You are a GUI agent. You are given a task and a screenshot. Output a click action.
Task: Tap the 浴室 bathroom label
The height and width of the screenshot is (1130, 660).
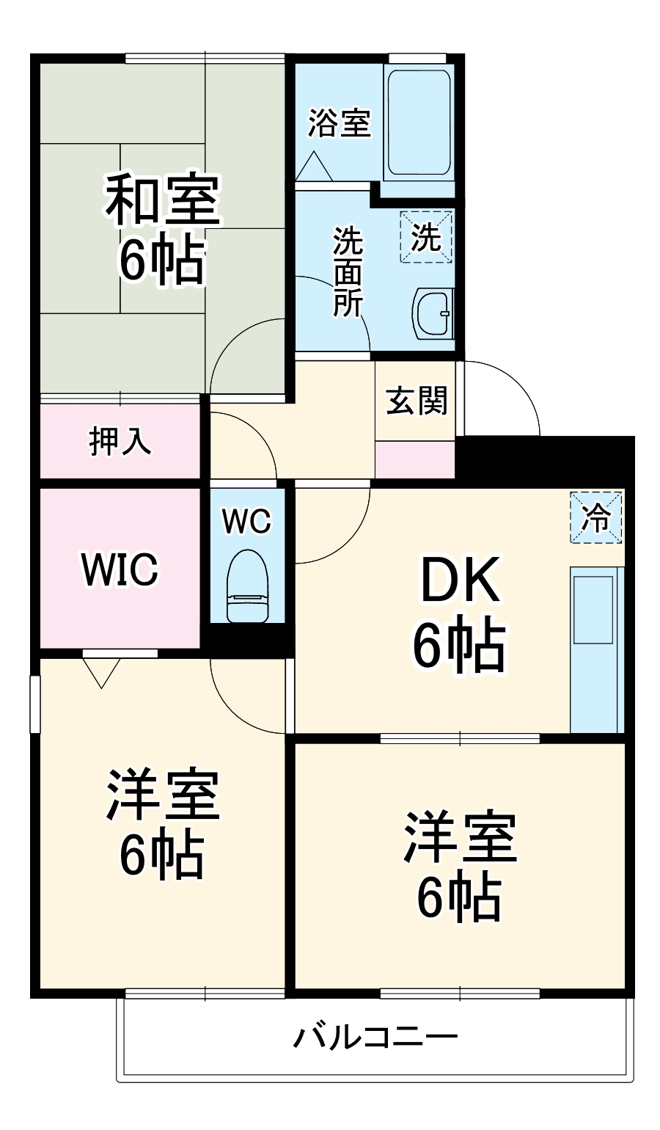click(339, 123)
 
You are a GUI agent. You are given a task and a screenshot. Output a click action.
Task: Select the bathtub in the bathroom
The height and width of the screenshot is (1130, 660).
click(418, 123)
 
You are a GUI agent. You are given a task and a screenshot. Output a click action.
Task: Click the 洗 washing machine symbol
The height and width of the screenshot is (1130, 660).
click(426, 236)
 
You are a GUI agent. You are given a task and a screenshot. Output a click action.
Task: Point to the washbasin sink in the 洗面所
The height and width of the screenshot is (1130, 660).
click(434, 314)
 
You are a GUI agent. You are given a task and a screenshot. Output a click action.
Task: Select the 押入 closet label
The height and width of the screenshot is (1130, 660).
click(120, 440)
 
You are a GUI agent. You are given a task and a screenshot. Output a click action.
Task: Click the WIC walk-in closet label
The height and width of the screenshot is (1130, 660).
click(120, 569)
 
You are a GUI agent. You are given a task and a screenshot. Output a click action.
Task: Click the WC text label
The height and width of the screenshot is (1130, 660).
click(246, 522)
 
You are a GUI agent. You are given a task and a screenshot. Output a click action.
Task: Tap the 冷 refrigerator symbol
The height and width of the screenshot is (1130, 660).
click(595, 518)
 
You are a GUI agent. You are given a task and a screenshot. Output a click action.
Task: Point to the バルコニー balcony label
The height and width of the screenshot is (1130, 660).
click(375, 1038)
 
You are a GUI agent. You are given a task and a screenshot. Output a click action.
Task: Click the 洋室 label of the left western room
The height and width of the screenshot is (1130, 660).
click(163, 796)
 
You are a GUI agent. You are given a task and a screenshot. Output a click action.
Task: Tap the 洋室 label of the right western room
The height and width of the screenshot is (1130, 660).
click(460, 837)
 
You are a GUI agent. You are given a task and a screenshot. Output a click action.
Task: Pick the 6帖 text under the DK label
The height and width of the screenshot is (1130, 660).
click(459, 646)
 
